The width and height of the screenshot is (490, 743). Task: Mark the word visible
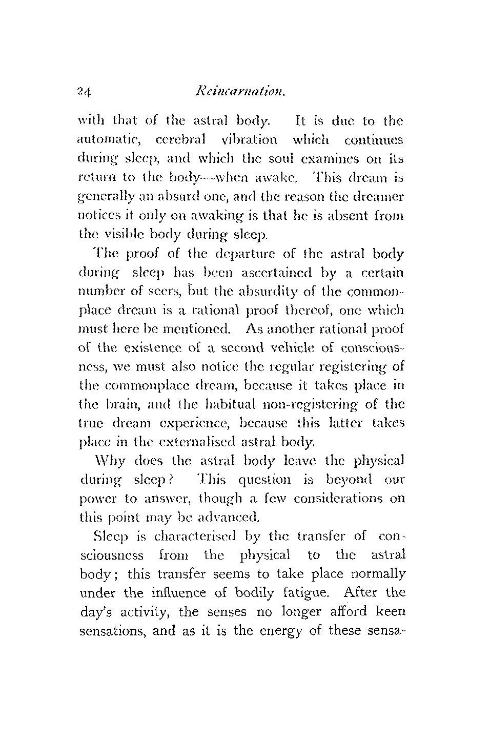120,235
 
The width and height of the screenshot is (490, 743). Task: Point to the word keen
391,612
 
